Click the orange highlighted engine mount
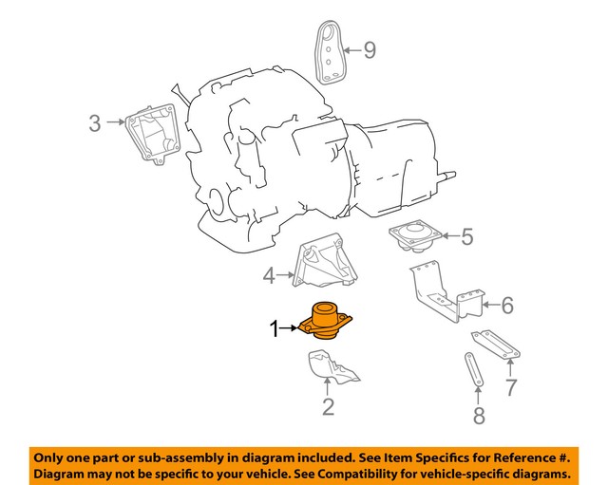326,323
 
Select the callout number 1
275,330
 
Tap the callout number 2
328,409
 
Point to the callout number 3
95,122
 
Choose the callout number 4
269,276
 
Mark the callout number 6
506,306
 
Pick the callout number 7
511,386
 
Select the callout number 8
479,414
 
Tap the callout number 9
370,49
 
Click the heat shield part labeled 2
329,365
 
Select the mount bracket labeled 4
320,263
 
